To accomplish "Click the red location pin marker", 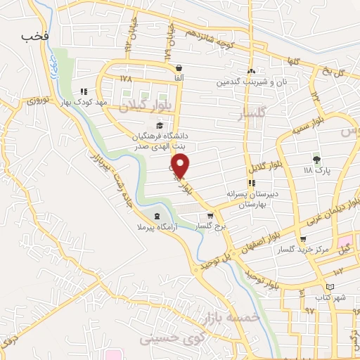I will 181,165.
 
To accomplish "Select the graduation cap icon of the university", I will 160,126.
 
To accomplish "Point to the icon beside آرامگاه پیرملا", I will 156,216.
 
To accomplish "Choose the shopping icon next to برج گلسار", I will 210,216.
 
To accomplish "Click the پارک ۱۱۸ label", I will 316,171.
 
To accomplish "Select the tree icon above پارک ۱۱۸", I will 316,160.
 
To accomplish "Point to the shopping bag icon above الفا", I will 179,68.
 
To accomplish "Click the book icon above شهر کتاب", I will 330,288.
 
